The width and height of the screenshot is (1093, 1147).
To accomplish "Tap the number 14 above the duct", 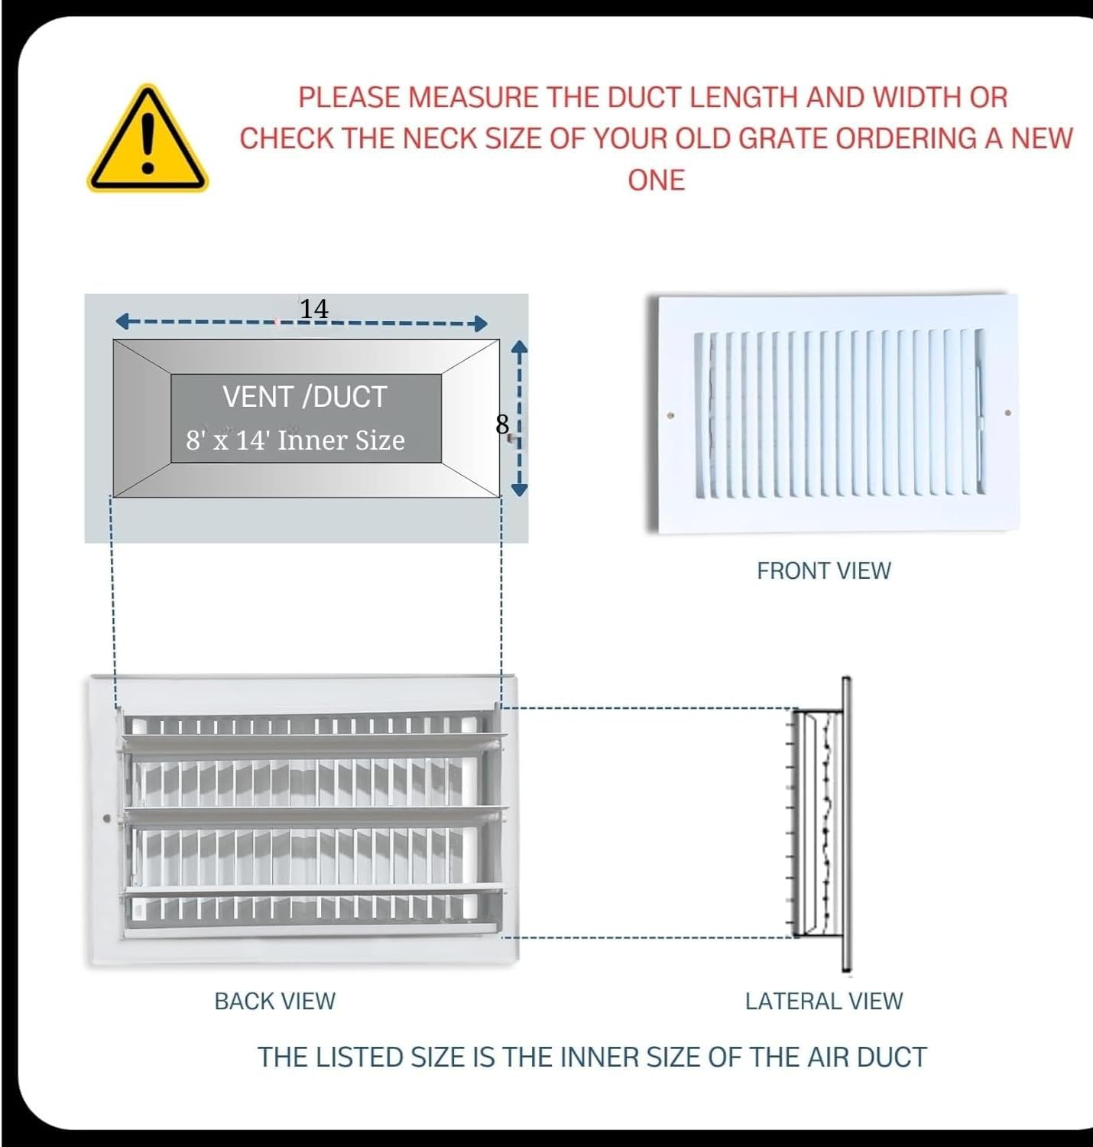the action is (x=313, y=309).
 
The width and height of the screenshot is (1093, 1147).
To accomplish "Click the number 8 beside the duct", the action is (x=502, y=424).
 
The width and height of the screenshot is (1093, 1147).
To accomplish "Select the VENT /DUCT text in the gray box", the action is (x=304, y=397).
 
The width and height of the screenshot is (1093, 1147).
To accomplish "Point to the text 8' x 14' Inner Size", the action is (x=295, y=440).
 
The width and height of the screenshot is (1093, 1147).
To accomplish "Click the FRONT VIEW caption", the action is (x=823, y=570).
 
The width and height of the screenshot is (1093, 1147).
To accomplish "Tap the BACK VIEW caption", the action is (x=274, y=1001).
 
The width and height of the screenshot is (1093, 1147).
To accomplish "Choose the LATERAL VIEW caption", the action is (x=823, y=1001).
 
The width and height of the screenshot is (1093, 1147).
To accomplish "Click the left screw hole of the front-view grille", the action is (x=671, y=416).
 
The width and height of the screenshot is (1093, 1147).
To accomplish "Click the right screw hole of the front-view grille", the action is (x=1007, y=413).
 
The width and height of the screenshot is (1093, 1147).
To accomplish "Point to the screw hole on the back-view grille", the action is (x=107, y=818).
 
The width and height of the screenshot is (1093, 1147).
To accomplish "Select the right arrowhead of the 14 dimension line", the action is (x=481, y=323).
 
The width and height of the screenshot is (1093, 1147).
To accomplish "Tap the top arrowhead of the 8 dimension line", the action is (x=519, y=349).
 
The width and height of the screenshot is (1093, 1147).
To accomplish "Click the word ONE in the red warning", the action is (x=656, y=180).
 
